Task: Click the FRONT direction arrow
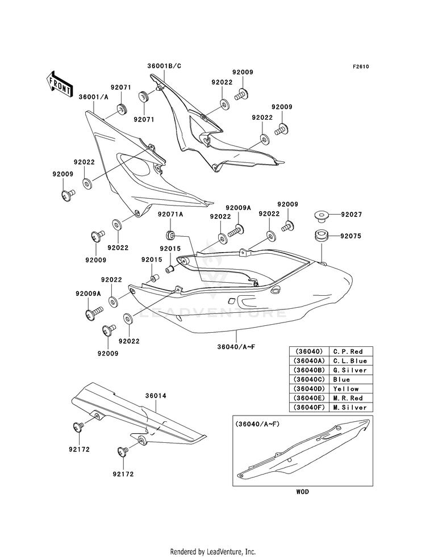pos(59,84)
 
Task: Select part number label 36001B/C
pos(165,66)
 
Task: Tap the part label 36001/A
pos(94,97)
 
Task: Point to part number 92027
pos(352,215)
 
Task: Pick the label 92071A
pos(170,215)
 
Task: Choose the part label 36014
pos(156,396)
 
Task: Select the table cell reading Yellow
pos(346,388)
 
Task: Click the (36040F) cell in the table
pos(309,408)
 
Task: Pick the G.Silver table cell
pos(350,370)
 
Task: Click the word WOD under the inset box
pos(302,492)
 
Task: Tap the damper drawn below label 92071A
pos(171,234)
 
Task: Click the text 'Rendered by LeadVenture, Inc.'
pos(213,552)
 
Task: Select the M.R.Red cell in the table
pos(348,398)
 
